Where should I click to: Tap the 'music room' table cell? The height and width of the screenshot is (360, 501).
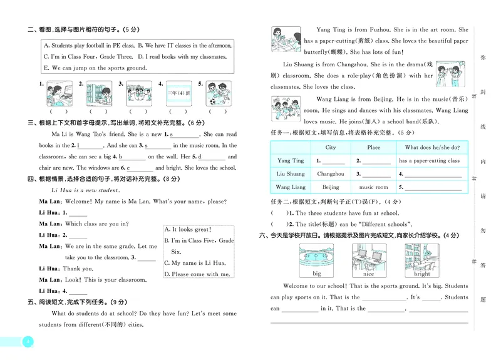pos(373,187)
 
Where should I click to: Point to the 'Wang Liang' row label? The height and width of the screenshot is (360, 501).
pos(291,187)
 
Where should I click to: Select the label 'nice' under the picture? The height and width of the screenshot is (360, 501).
pos(368,274)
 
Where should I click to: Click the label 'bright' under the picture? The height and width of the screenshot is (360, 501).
pos(421,274)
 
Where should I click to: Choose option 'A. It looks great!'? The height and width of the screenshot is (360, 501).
pos(188,230)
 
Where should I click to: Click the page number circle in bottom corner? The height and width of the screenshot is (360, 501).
pos(26,342)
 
